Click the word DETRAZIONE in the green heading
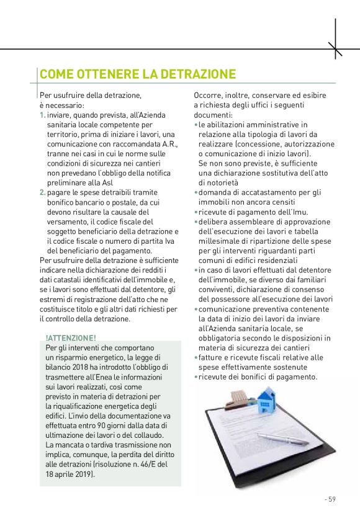198,75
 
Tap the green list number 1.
41,116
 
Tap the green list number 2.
42,193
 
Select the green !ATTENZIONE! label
71,338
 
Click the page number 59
331,499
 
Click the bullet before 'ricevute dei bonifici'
196,377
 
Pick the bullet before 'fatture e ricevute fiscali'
196,357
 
